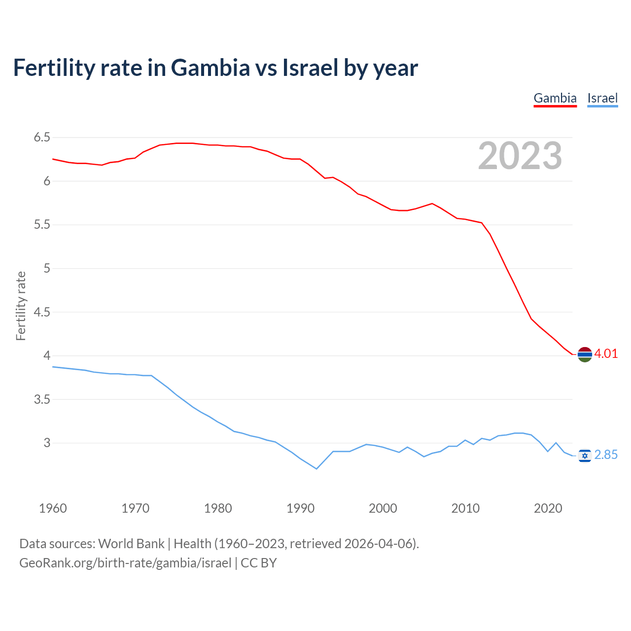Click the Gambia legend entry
tap(555, 98)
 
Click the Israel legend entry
tap(602, 98)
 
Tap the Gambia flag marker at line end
tap(585, 354)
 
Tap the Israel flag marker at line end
tap(585, 456)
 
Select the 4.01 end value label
tap(606, 354)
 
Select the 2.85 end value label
tap(606, 455)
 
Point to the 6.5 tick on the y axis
tap(42, 138)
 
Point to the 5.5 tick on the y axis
tap(42, 225)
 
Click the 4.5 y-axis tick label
tap(42, 312)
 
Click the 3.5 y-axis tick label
tap(42, 399)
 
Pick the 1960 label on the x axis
tap(53, 508)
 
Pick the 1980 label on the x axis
tap(218, 508)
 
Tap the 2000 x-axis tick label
tap(383, 508)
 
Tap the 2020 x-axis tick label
tap(548, 508)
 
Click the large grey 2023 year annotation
tap(520, 156)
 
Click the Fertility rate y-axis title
tap(21, 306)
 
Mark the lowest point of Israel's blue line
tap(316, 469)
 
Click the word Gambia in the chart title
tap(210, 68)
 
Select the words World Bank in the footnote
tap(131, 544)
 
